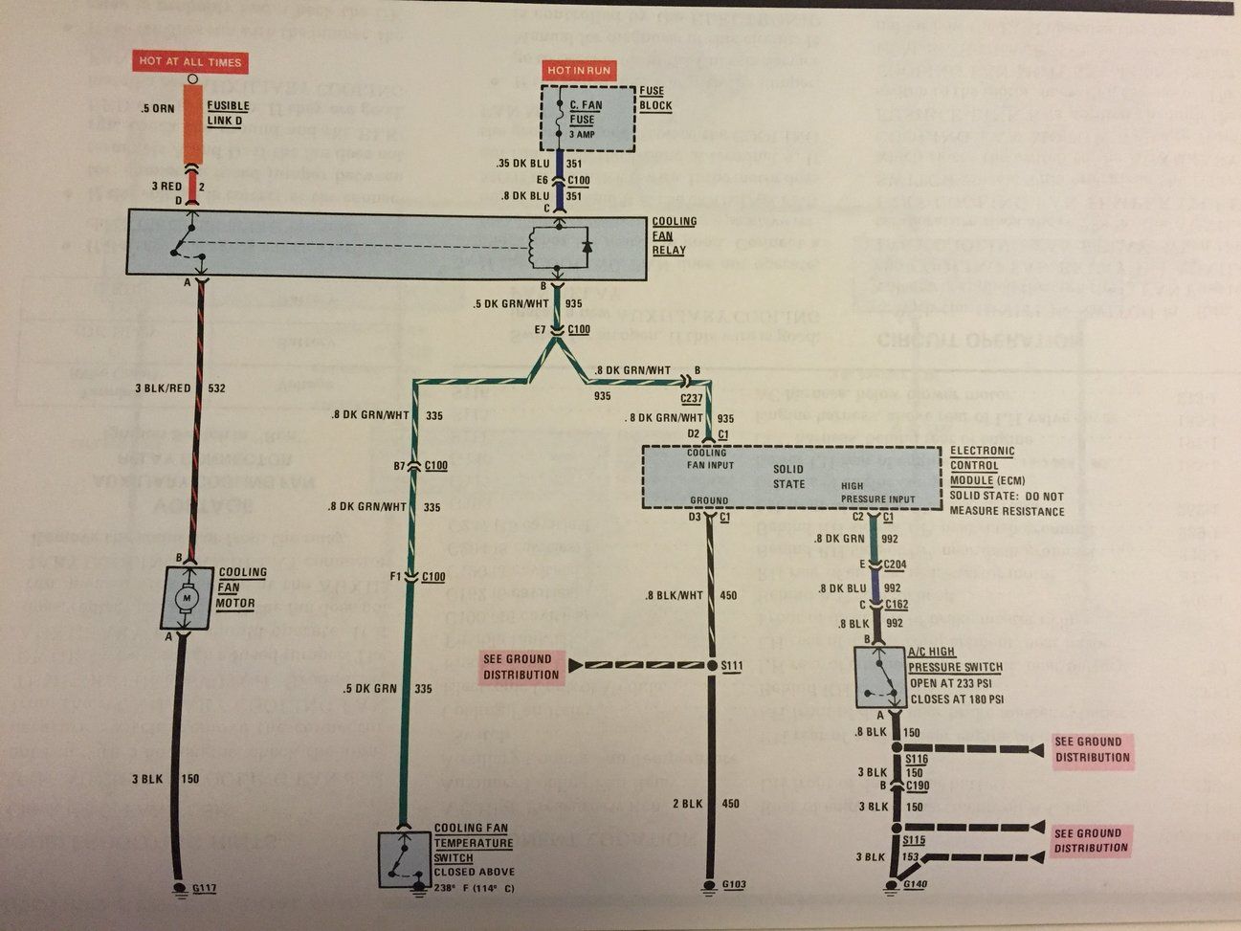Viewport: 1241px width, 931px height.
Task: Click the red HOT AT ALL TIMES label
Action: pos(190,62)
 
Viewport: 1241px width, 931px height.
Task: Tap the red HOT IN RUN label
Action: pos(578,71)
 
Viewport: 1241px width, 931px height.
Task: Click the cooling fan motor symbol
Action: pos(188,598)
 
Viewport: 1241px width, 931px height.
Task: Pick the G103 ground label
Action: pos(734,884)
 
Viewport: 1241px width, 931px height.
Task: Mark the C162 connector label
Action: pos(897,605)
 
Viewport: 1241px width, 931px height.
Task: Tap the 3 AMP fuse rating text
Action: pos(583,134)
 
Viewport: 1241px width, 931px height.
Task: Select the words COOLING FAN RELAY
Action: pos(674,235)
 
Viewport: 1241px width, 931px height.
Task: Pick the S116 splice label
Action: pos(917,758)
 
